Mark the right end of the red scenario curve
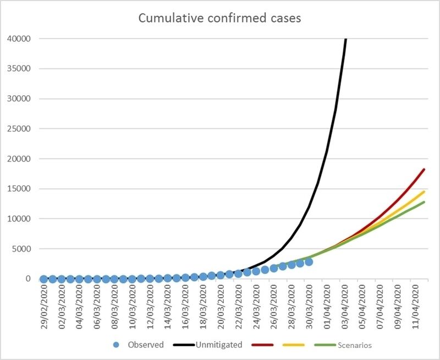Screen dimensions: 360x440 coord(424,170)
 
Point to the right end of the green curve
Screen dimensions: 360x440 coord(424,202)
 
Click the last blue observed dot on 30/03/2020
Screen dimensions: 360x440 coord(309,262)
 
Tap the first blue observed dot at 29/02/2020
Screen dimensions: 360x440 coord(44,279)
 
